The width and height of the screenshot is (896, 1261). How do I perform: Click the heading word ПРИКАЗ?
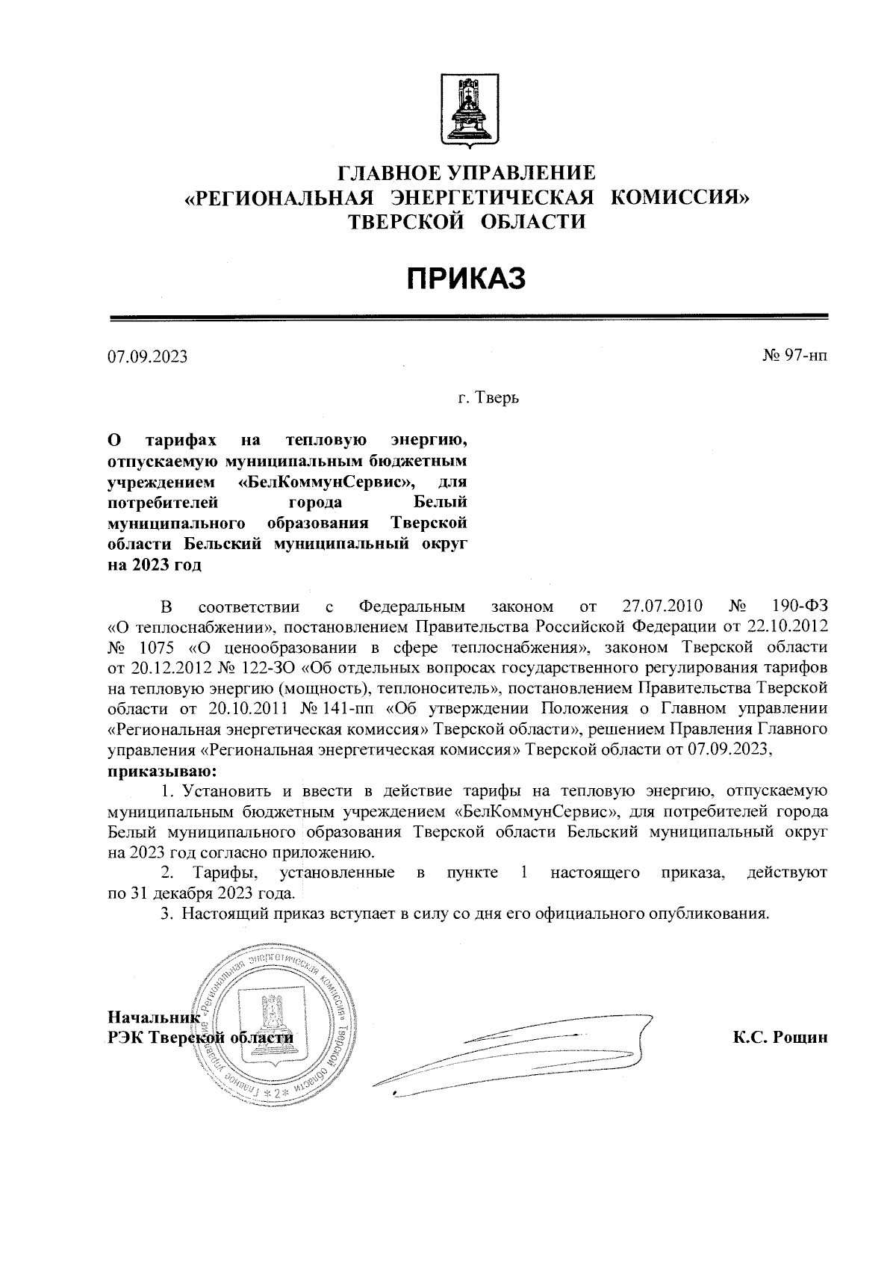(467, 279)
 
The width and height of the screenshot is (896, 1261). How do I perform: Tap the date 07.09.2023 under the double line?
(147, 357)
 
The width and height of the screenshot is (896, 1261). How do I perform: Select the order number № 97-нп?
(794, 357)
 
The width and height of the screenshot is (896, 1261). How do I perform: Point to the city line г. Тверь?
(488, 397)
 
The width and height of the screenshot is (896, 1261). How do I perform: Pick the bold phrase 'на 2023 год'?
(155, 565)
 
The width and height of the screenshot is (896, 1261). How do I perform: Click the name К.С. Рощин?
(780, 1038)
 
